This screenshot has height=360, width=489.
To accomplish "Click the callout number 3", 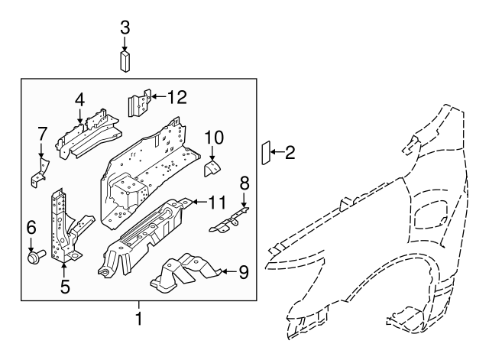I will (125, 27).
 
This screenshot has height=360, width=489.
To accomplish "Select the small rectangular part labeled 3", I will (125, 60).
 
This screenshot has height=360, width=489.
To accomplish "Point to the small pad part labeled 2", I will (267, 153).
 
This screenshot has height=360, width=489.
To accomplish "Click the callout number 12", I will (176, 96).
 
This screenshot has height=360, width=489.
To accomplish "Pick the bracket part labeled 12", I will (138, 104).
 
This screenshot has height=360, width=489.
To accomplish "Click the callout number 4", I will (79, 99).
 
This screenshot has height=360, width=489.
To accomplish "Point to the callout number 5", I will (65, 287).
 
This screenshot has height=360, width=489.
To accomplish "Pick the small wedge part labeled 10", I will (212, 167).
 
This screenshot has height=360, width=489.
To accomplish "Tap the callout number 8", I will (244, 183).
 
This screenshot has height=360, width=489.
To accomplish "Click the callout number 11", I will (218, 203).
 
